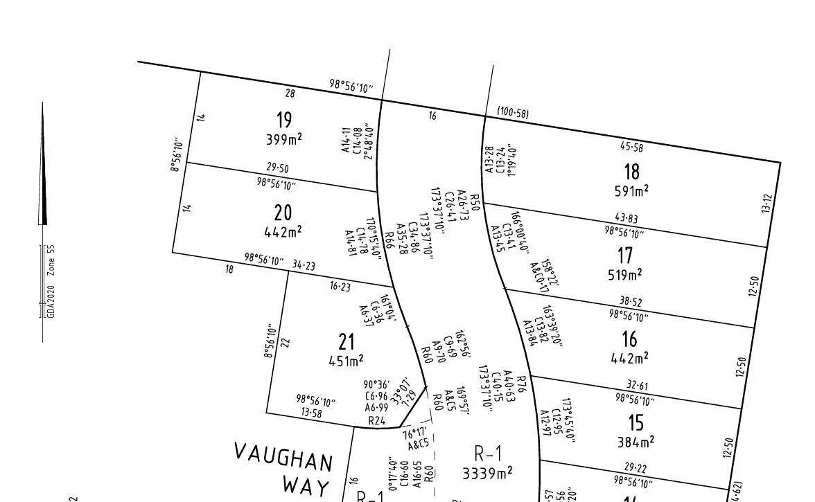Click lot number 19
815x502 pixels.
pos(284,120)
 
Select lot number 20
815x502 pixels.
pos(283,213)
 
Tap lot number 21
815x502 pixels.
pos(347,341)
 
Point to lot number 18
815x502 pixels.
pos(631,171)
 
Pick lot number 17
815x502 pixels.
pos(625,256)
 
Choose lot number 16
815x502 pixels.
pos(629,339)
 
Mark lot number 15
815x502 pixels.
pos(636,422)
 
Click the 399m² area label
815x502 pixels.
pos(284,139)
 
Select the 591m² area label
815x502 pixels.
pos(631,190)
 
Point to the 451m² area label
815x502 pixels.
pos(347,360)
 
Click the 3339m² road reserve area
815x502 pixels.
pos(488,473)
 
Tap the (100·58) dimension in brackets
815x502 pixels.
pos(513,113)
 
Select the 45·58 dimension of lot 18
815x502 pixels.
pos(631,147)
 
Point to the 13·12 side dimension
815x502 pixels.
pos(766,203)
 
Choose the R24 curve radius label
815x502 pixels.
pos(376,420)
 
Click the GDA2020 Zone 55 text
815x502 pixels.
pos(51,281)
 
